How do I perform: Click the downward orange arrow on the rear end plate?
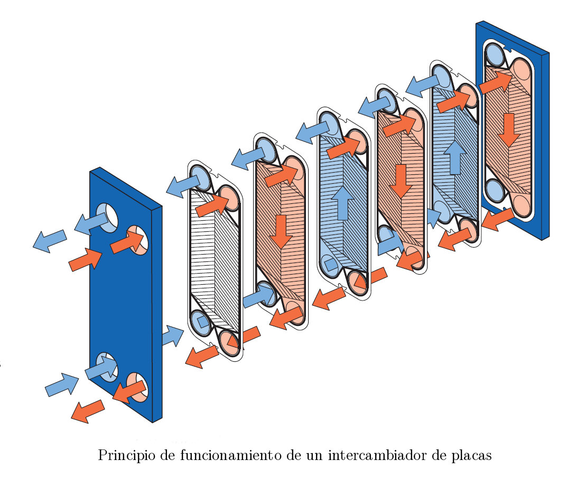(508, 128)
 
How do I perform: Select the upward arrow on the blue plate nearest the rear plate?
(454, 157)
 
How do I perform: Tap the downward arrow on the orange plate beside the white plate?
(281, 231)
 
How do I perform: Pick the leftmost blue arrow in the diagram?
(50, 240)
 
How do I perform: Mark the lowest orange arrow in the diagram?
(87, 411)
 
